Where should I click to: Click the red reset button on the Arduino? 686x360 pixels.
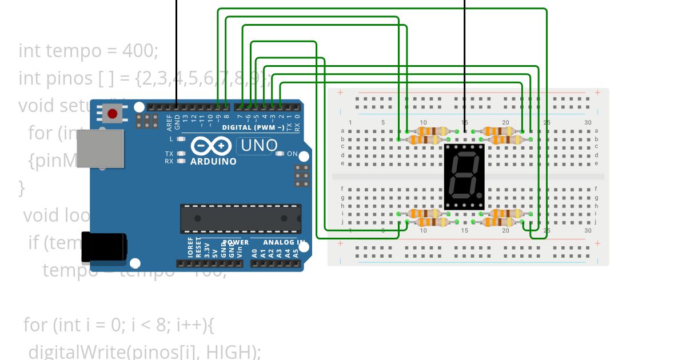113,114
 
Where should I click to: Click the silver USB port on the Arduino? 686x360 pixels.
100,148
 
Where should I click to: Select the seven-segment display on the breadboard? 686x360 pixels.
464,176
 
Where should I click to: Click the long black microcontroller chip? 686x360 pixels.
241,218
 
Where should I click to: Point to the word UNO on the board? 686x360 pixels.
259,146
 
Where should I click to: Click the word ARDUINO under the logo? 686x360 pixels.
213,162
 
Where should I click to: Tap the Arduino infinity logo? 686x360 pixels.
213,146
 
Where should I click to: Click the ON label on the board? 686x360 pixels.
292,154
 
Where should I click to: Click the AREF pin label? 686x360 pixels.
170,121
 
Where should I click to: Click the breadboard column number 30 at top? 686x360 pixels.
588,123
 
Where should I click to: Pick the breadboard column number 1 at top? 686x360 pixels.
350,123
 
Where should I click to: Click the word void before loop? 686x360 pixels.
41,215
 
